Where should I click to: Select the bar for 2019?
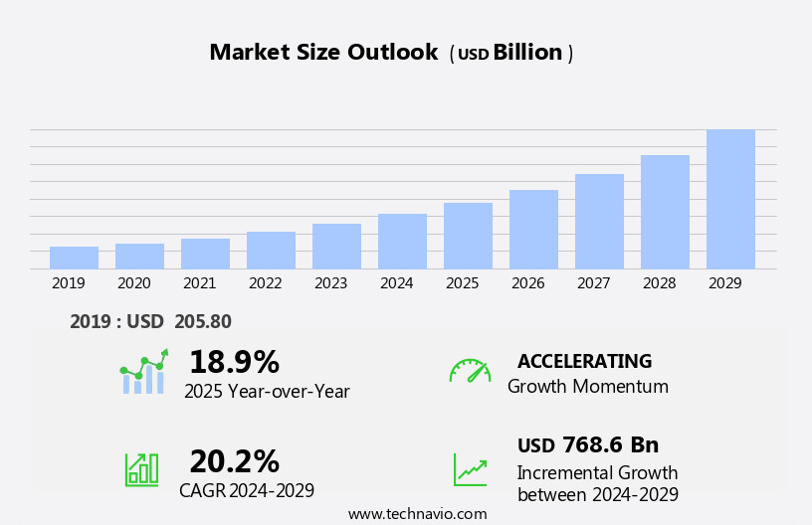click(74, 258)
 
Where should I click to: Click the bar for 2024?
click(402, 242)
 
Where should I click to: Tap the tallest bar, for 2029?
click(730, 199)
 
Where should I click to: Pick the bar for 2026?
click(533, 230)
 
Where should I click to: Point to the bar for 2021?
click(205, 254)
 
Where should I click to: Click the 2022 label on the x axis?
click(266, 283)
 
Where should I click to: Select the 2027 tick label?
click(594, 283)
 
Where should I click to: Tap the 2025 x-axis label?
click(463, 283)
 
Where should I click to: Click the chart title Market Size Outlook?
click(323, 53)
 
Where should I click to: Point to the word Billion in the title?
click(527, 53)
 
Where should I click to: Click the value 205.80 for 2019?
click(202, 321)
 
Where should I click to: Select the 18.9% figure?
click(234, 362)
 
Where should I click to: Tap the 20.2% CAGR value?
click(234, 461)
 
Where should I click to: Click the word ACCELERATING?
click(584, 361)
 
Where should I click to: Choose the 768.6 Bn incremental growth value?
click(610, 444)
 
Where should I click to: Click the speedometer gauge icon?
click(470, 371)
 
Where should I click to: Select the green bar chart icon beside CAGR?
click(141, 469)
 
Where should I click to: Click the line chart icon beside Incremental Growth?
click(470, 469)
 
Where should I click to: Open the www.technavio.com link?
click(417, 514)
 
